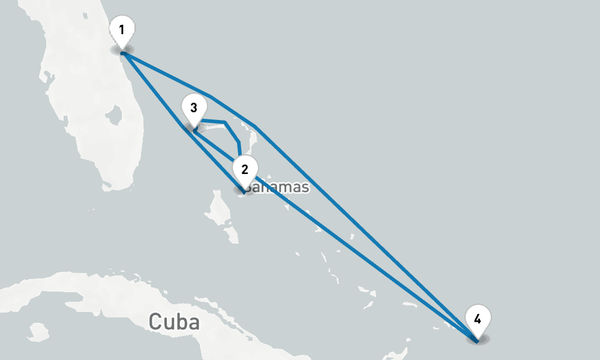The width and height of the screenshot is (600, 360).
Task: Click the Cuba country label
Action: click(174, 322)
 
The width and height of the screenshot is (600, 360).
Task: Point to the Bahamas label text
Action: click(277, 187)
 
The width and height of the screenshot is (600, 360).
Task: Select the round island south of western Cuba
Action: click(37, 330)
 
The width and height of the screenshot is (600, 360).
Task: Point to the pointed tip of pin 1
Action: click(122, 53)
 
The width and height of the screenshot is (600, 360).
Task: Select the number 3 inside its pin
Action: click(193, 108)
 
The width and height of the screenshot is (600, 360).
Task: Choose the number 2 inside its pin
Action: click(244, 169)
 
